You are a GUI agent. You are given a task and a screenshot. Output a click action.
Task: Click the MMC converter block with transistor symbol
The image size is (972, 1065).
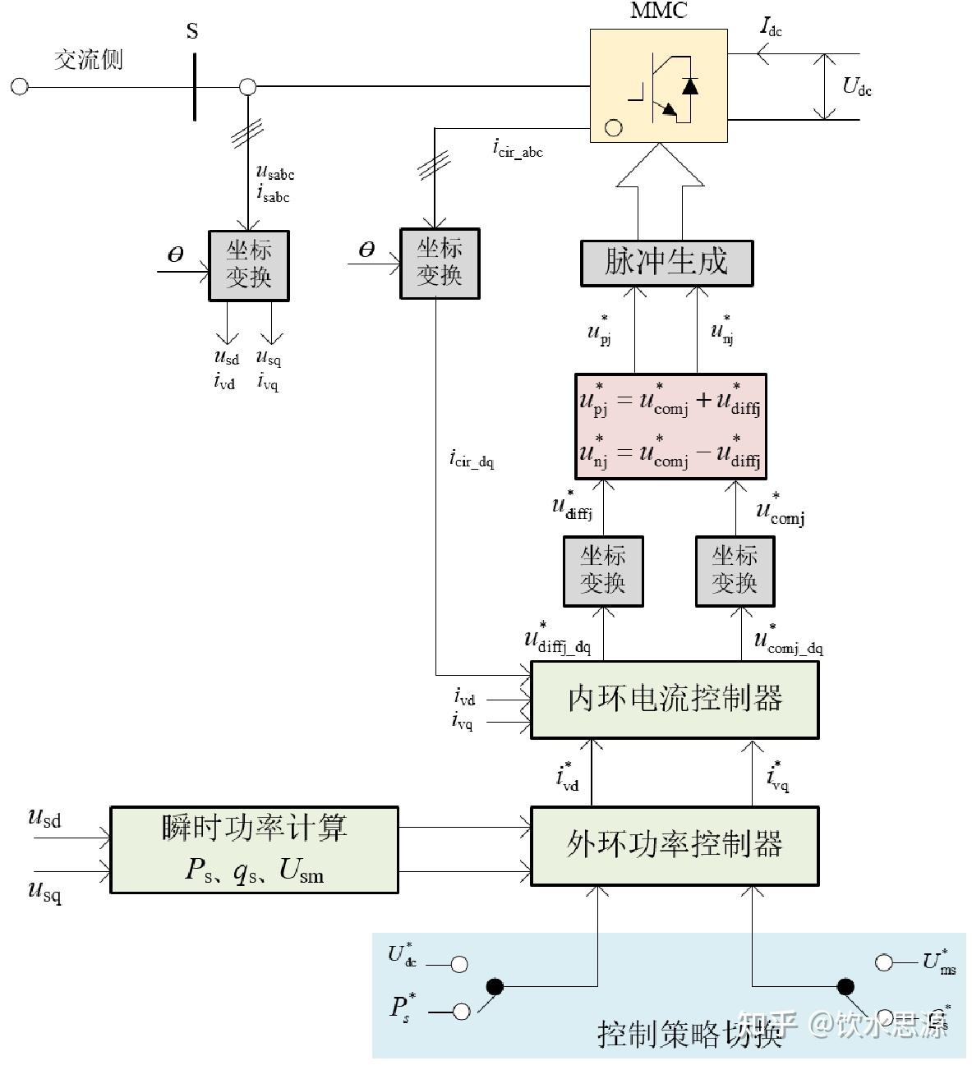(x=658, y=86)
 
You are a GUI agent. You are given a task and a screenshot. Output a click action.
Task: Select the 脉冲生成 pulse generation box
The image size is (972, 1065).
(x=666, y=263)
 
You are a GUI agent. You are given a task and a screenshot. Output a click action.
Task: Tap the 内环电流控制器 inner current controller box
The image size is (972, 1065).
(x=675, y=700)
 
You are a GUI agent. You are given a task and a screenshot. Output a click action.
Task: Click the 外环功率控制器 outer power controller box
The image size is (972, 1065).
(x=675, y=845)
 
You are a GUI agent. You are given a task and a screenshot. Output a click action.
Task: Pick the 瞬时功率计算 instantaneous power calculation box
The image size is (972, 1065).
(x=254, y=849)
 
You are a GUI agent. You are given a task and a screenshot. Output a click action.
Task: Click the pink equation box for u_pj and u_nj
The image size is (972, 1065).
(x=670, y=426)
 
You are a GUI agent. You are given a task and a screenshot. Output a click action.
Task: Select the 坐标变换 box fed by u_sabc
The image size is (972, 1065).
(x=249, y=265)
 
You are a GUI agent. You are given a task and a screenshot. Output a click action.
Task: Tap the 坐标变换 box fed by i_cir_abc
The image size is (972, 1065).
(x=440, y=263)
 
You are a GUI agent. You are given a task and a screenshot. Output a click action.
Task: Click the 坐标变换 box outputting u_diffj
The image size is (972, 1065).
(x=603, y=572)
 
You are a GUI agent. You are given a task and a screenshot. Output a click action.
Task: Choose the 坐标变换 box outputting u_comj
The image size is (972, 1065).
(x=735, y=572)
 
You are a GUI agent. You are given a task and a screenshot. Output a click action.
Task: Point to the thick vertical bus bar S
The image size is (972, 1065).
(x=195, y=86)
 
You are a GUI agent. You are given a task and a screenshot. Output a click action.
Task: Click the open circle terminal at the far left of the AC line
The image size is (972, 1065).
(x=19, y=86)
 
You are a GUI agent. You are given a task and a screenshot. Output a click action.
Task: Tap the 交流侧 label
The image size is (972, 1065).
(x=88, y=60)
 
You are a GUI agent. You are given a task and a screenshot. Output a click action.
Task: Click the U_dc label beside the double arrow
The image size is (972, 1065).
(x=857, y=86)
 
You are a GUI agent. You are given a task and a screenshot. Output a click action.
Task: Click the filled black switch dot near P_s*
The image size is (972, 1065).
(x=494, y=986)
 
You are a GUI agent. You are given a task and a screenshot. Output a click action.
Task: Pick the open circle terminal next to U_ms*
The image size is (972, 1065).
(x=884, y=962)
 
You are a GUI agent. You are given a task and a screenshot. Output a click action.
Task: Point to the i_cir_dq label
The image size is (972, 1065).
(x=472, y=458)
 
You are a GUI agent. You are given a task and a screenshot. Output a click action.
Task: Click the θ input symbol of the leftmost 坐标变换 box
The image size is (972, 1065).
(x=175, y=255)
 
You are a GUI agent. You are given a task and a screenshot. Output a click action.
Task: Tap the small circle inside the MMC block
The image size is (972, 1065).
(x=613, y=127)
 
